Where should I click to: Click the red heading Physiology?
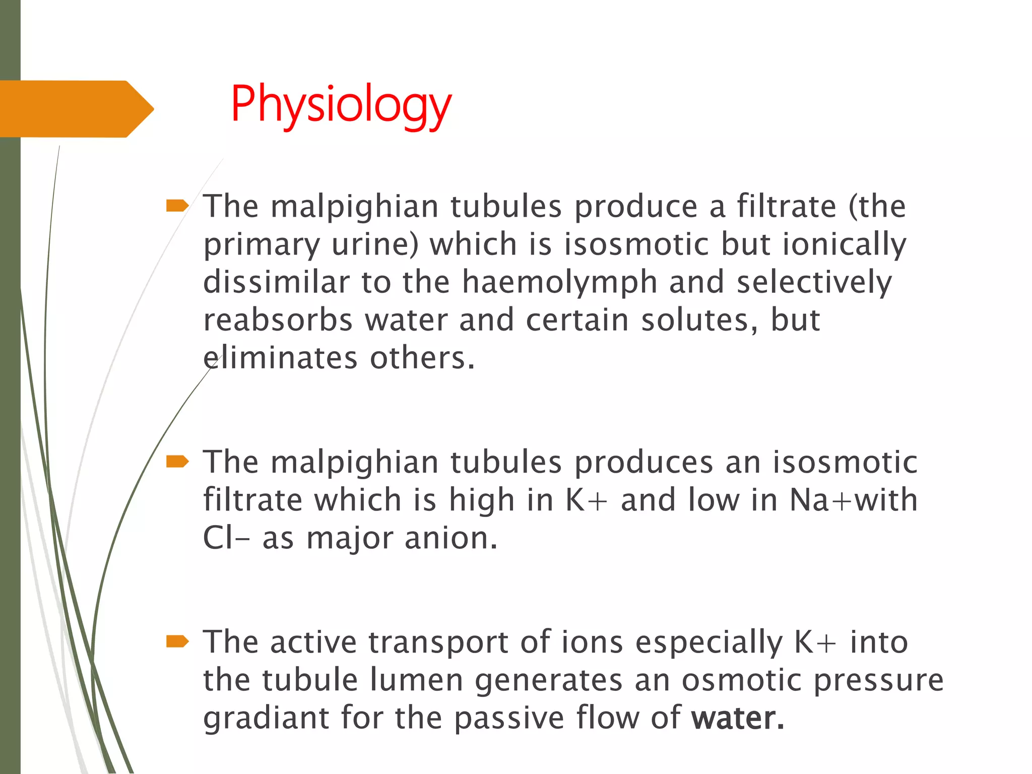click(x=341, y=104)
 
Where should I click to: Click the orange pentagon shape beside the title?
click(x=76, y=109)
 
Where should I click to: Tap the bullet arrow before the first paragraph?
click(x=177, y=206)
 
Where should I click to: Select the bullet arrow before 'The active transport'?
click(x=177, y=641)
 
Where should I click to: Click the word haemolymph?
click(x=559, y=282)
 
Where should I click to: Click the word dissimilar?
click(x=276, y=282)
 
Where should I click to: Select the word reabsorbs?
click(x=278, y=320)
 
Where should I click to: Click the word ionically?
click(x=844, y=245)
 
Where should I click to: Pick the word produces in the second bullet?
click(x=643, y=462)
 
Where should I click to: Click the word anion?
click(x=450, y=538)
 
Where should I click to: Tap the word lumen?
click(x=416, y=680)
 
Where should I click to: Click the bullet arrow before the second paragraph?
click(x=177, y=462)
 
